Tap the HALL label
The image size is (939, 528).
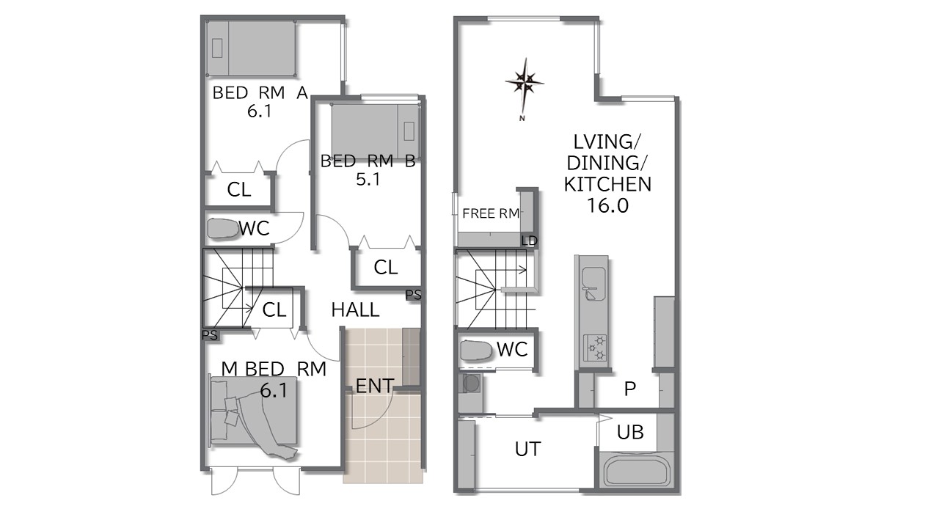[355, 310]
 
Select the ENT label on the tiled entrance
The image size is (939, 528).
[374, 386]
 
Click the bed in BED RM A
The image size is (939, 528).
[252, 48]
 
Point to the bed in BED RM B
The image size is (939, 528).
[375, 131]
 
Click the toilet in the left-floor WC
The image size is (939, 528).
[222, 229]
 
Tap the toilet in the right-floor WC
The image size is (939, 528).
[476, 351]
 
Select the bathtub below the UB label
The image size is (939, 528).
[635, 472]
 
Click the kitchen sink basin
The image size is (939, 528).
[593, 284]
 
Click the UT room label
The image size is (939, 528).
[527, 450]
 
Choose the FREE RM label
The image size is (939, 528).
[491, 213]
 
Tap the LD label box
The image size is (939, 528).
[529, 241]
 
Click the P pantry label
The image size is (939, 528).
[629, 389]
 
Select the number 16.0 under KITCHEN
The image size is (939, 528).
[607, 206]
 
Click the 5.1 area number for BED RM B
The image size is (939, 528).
[368, 180]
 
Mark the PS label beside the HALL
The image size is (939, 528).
[413, 295]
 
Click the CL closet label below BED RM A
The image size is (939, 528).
[239, 190]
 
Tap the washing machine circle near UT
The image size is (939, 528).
[472, 384]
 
